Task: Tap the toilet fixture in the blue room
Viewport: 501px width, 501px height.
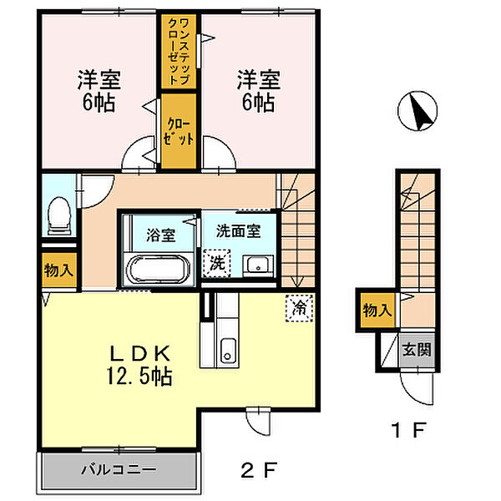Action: coord(58,217)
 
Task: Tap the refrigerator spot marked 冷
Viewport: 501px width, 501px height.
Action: coord(298,307)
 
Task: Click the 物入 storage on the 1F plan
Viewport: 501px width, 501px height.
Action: coord(375,310)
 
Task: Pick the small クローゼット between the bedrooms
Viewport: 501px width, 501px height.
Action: coord(177,131)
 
